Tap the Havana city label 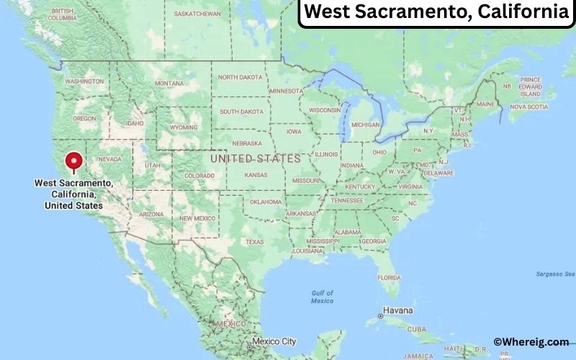click(x=397, y=310)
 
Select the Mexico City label click(x=274, y=341)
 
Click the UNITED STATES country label click(x=255, y=158)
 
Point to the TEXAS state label click(x=254, y=241)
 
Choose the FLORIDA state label click(x=390, y=277)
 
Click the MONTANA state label click(x=169, y=84)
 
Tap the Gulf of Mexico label click(x=322, y=296)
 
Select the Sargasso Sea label click(x=556, y=274)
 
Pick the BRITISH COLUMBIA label click(x=63, y=14)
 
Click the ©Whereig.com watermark click(x=531, y=342)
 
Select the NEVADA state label click(x=109, y=159)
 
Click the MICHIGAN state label click(x=365, y=125)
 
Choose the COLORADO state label click(x=199, y=176)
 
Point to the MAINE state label click(x=485, y=104)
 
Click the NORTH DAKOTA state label click(x=241, y=77)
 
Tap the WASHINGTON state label click(x=84, y=81)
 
